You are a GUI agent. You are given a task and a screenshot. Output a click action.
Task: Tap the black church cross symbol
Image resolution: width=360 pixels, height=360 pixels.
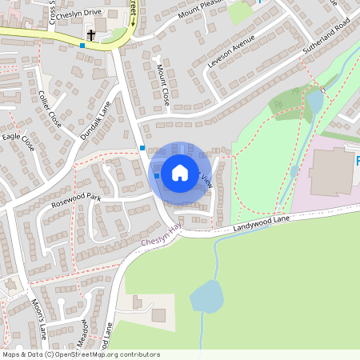click(92, 35)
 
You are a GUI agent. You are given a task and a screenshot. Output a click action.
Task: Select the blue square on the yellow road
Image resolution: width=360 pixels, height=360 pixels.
click(82, 45)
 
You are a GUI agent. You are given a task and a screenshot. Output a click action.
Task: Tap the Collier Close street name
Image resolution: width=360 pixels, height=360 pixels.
click(50, 108)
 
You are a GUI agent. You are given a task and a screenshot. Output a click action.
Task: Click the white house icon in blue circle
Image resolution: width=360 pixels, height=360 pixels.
click(179, 172)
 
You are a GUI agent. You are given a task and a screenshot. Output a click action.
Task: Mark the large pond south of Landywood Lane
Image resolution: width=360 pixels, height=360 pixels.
click(206, 296)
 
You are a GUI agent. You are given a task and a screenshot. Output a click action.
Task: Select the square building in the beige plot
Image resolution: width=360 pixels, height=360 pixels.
click(159, 315)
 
